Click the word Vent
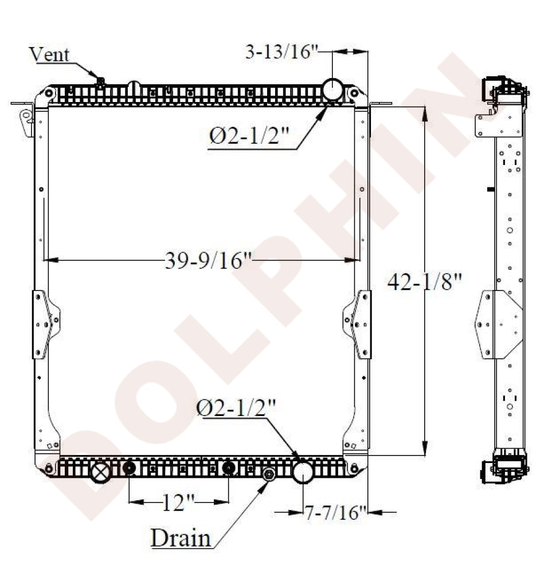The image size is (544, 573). coord(49,54)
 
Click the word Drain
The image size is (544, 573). coord(181,538)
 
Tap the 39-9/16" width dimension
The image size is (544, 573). coord(209,261)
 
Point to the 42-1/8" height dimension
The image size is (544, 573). coord(425,282)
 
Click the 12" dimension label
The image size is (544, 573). coord(178,503)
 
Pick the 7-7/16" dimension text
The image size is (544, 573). coord(335,512)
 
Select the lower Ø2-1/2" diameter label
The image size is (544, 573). coord(236,407)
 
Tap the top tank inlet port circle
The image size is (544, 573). coord(332,89)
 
